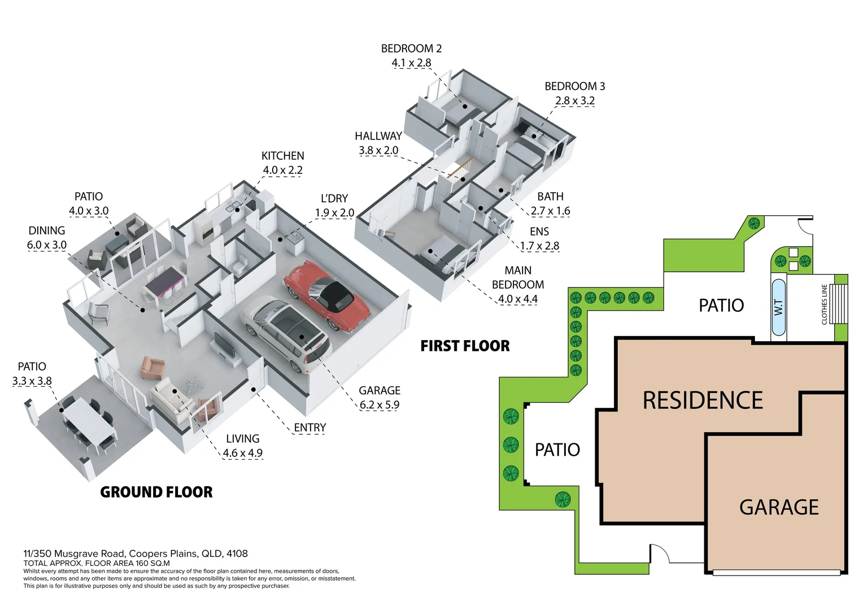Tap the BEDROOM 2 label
click(411, 49)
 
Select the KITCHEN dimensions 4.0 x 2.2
click(282, 169)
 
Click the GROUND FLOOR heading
click(156, 492)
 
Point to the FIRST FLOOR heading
click(465, 346)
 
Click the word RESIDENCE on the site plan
click(703, 400)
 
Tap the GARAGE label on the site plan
click(779, 507)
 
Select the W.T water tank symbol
click(778, 307)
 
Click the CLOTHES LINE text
click(824, 304)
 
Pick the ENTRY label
click(310, 428)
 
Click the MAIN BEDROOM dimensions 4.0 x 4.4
click(517, 299)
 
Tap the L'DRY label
click(334, 198)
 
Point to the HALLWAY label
click(378, 136)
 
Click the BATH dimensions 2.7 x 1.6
click(550, 211)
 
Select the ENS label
click(539, 232)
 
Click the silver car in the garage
click(285, 333)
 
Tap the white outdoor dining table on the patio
click(89, 421)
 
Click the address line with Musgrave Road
click(136, 554)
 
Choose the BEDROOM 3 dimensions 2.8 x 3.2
click(574, 101)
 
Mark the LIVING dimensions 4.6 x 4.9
click(242, 453)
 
